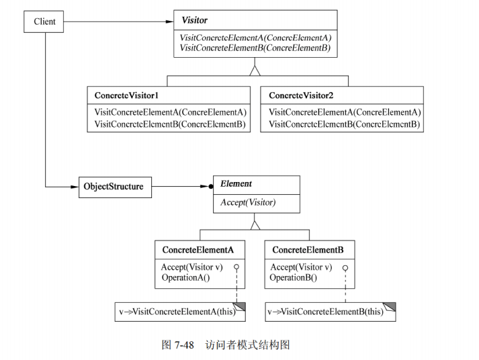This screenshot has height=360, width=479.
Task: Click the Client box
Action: (x=44, y=22)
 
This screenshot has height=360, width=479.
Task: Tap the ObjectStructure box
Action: (x=112, y=186)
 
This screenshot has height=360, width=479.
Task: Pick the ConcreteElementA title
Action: (x=198, y=249)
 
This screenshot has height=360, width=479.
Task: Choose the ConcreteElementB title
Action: (x=308, y=249)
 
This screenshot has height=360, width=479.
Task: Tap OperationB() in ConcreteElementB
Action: (x=293, y=277)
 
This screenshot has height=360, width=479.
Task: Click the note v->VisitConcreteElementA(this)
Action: (x=177, y=311)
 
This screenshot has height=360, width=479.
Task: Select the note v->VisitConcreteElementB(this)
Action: (x=326, y=311)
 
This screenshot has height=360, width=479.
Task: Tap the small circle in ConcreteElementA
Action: (x=236, y=267)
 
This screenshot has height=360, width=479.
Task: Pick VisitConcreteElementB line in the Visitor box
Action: (x=255, y=47)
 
